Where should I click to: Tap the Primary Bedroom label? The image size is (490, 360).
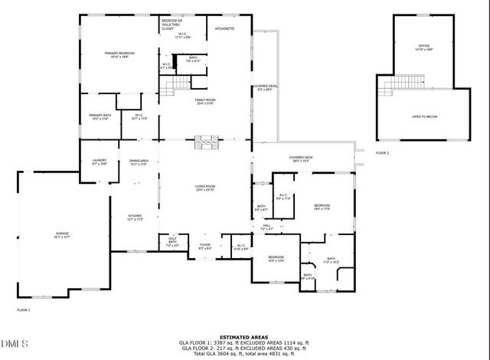pos(120,54)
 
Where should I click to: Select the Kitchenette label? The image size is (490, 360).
pos(224,28)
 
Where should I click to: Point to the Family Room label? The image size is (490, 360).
pos(205,102)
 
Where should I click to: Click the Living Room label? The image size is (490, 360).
pos(205,188)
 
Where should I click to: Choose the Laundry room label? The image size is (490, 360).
pos(100,162)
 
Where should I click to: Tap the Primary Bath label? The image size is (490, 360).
pos(100,117)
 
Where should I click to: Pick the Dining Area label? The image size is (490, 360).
pos(138,162)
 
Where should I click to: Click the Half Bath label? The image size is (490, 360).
pos(173,243)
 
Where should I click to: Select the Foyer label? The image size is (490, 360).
pos(205,246)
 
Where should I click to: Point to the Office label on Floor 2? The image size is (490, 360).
pos(424,47)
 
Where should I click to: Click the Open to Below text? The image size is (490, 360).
pos(424,116)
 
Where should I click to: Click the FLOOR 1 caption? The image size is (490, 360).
pos(24,310)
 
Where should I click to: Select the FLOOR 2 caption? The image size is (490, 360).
pos(382,153)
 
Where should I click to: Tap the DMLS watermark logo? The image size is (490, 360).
pos(13,342)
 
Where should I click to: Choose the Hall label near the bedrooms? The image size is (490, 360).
pos(266,227)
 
